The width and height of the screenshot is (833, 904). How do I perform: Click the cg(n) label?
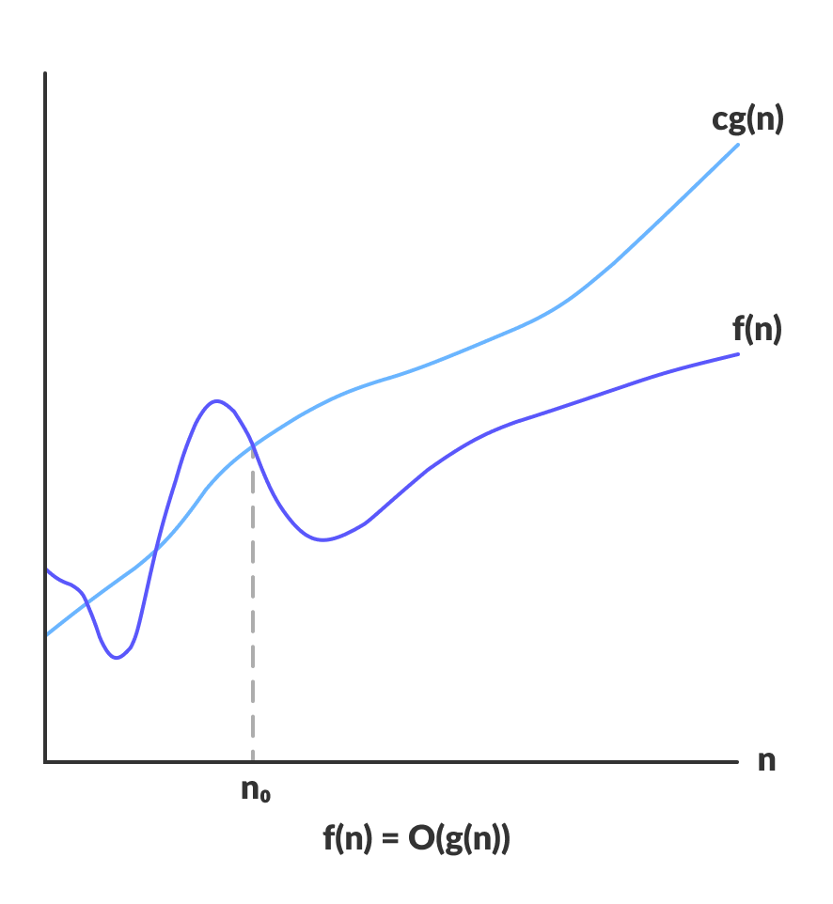click(747, 120)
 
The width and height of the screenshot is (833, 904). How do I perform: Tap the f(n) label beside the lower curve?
click(757, 330)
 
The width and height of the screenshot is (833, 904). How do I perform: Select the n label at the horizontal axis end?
click(767, 761)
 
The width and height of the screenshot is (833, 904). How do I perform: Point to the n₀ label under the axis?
click(255, 791)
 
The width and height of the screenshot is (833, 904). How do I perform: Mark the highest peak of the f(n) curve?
click(217, 400)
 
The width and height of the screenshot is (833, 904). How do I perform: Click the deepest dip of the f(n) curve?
click(117, 657)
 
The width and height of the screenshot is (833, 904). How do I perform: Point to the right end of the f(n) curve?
click(739, 353)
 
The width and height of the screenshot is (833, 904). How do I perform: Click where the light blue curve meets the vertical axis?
click(46, 634)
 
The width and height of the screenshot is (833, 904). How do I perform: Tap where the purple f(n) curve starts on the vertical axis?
click(46, 569)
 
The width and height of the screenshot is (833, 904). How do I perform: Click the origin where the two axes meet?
click(45, 761)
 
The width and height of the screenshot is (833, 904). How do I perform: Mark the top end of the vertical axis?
click(45, 73)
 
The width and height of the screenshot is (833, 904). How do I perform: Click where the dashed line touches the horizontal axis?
click(253, 760)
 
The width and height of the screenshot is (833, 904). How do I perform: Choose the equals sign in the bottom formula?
click(390, 838)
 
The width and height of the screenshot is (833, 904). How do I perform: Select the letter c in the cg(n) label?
click(719, 122)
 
